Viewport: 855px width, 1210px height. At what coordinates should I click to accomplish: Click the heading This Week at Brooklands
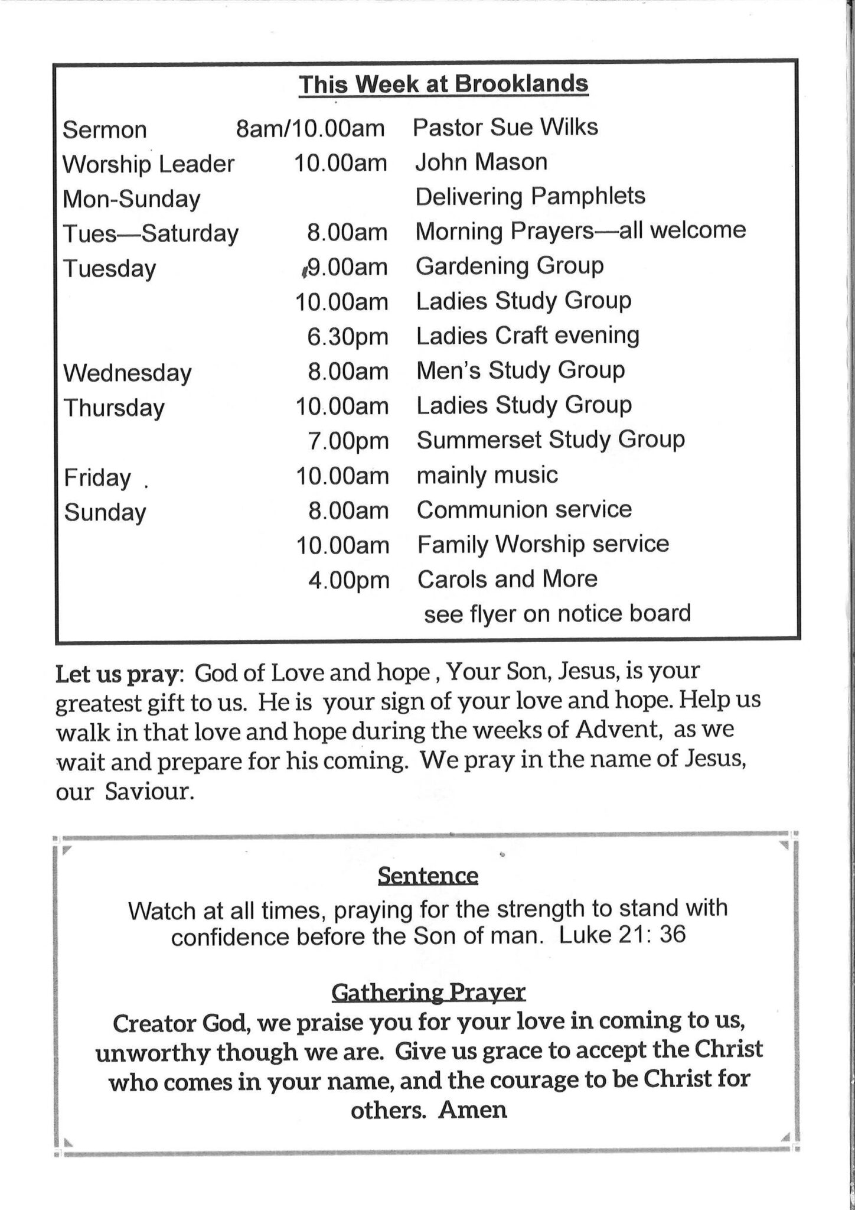[x=443, y=84]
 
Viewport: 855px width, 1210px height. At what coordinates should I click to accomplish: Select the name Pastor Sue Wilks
[x=505, y=127]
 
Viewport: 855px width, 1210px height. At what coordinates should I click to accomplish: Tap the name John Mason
[x=481, y=162]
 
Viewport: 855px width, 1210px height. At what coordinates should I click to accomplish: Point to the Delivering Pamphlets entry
[x=530, y=196]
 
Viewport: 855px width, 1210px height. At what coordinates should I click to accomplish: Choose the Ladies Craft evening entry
[x=528, y=336]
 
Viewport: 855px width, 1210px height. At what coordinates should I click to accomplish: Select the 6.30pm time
[x=348, y=337]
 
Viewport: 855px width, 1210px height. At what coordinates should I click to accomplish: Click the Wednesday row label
[x=128, y=373]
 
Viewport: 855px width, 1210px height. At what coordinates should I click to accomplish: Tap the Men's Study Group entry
[x=521, y=370]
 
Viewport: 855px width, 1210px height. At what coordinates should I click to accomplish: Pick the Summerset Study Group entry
[x=550, y=440]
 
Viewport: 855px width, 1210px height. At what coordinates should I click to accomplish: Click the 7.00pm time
[x=348, y=441]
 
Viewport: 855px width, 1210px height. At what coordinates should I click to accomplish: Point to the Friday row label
[x=97, y=477]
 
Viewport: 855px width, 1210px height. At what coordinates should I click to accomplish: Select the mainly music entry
[x=487, y=475]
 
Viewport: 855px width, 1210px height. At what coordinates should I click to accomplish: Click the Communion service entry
[x=524, y=509]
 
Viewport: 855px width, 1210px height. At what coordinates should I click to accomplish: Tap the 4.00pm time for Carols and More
[x=349, y=580]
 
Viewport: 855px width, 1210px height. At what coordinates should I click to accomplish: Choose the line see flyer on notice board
[x=557, y=614]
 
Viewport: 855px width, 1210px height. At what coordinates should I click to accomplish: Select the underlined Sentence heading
[x=427, y=875]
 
